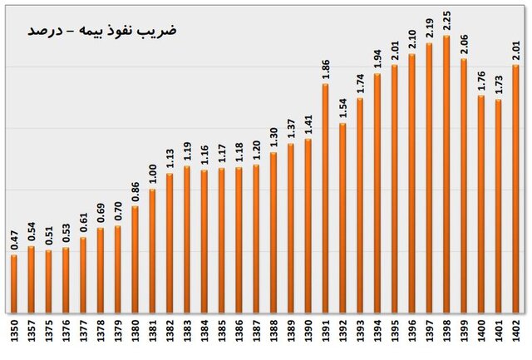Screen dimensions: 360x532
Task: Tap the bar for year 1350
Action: click(13, 283)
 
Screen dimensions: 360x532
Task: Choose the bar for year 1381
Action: click(152, 249)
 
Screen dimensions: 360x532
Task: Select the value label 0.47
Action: click(13, 241)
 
